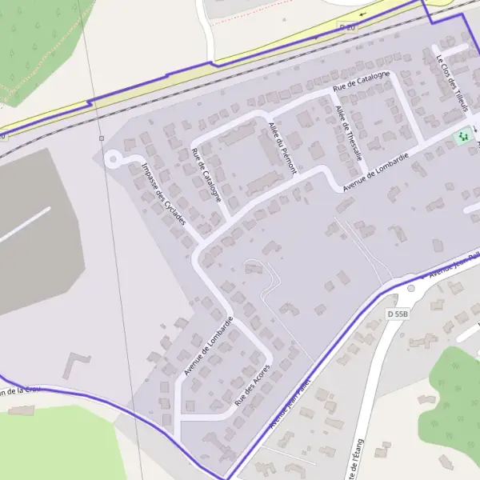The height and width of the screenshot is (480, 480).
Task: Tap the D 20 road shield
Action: [346, 27]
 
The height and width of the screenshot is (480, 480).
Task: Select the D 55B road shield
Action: [398, 314]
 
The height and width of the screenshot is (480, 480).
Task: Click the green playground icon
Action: [462, 138]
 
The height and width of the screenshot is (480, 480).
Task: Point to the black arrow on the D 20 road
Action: [363, 14]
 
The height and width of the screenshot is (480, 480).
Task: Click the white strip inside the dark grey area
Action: [25, 224]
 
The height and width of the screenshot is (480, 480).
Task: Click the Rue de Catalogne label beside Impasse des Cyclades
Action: [207, 174]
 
